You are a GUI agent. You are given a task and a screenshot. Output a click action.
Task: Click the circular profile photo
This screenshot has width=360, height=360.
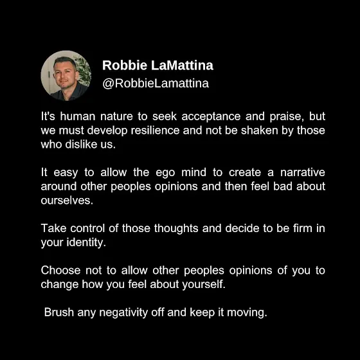point(66,76)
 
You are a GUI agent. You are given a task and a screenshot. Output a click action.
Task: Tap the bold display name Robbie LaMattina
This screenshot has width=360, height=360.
point(157,65)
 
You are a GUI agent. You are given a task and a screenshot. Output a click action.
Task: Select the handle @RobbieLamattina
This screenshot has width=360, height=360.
point(156,83)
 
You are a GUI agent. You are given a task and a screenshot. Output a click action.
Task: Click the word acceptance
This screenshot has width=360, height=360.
point(211,116)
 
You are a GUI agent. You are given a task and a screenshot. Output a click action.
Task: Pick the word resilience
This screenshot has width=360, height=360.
point(155,130)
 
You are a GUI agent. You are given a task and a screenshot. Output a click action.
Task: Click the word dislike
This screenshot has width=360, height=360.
point(81,145)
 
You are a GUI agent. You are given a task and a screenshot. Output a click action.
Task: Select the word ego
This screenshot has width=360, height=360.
point(165,173)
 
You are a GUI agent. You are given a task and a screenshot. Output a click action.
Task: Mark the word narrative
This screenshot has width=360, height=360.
point(303,172)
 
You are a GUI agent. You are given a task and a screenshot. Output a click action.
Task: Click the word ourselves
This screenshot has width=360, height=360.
point(67,201)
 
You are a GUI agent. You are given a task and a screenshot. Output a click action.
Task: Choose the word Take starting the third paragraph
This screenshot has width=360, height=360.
point(54,228)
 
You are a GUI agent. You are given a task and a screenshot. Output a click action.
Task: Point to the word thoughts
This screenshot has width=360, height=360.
point(176,229)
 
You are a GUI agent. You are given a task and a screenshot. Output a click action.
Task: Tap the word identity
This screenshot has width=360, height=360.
point(86,243)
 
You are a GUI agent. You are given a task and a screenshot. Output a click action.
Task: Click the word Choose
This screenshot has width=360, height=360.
point(60,270)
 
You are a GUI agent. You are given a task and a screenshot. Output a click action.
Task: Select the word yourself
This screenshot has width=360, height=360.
point(204,284)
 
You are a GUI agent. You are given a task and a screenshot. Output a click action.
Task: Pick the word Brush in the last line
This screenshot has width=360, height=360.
point(59,312)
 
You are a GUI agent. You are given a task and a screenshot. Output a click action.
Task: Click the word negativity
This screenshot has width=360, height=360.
point(123,312)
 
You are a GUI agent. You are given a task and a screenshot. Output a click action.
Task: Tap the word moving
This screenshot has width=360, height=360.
point(247,312)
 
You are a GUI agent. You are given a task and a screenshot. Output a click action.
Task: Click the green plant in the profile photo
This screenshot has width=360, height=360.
point(84,70)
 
